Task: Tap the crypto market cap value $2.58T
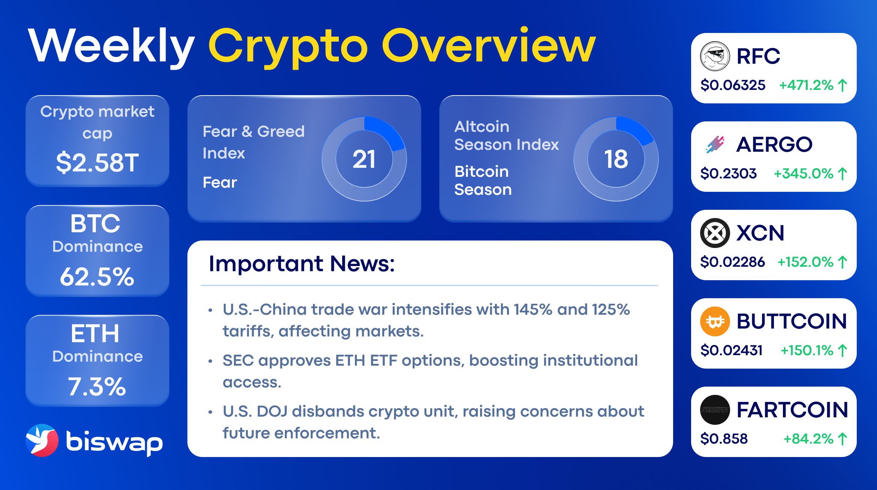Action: pyautogui.click(x=97, y=163)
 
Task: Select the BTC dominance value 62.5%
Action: pyautogui.click(x=97, y=277)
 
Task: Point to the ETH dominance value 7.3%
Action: pyautogui.click(x=97, y=387)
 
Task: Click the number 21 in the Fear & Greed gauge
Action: pyautogui.click(x=364, y=159)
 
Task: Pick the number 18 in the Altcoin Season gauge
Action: pyautogui.click(x=616, y=159)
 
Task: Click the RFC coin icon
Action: pyautogui.click(x=715, y=56)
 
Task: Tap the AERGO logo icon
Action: pyautogui.click(x=715, y=144)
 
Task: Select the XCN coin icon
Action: pyautogui.click(x=715, y=233)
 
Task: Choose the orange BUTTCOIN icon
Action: pyautogui.click(x=715, y=321)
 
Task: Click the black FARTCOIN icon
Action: pyautogui.click(x=715, y=409)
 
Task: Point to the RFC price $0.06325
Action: pyautogui.click(x=733, y=85)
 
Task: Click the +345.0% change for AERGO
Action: pyautogui.click(x=804, y=173)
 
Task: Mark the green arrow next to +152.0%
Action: pyautogui.click(x=842, y=262)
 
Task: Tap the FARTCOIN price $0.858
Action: pyautogui.click(x=724, y=439)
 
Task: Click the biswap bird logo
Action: pyautogui.click(x=42, y=440)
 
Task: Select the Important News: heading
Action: pyautogui.click(x=302, y=263)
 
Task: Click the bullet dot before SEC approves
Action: pyautogui.click(x=210, y=361)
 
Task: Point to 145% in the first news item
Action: pyautogui.click(x=533, y=309)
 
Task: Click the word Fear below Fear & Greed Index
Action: pyautogui.click(x=220, y=182)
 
